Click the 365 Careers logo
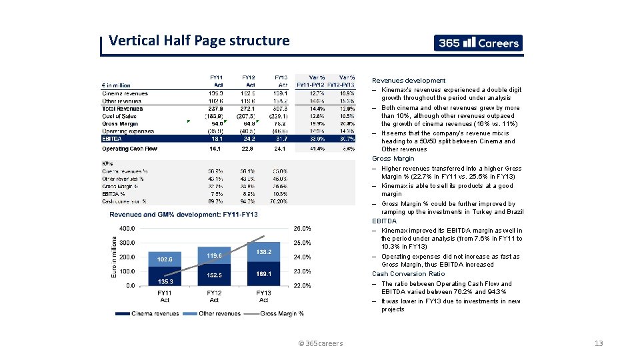(478, 43)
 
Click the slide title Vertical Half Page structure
(199, 41)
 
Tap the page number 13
(598, 343)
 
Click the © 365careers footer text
(320, 343)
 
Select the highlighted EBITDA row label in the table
(112, 139)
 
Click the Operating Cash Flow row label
(129, 149)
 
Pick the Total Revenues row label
(123, 109)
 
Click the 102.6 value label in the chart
(165, 259)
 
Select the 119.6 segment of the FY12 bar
(214, 255)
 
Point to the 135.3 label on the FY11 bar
(165, 281)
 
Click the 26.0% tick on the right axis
(301, 228)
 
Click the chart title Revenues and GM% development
(183, 214)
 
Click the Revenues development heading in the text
(409, 81)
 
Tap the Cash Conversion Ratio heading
(408, 274)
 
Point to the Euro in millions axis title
(113, 256)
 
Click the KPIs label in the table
(107, 163)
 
